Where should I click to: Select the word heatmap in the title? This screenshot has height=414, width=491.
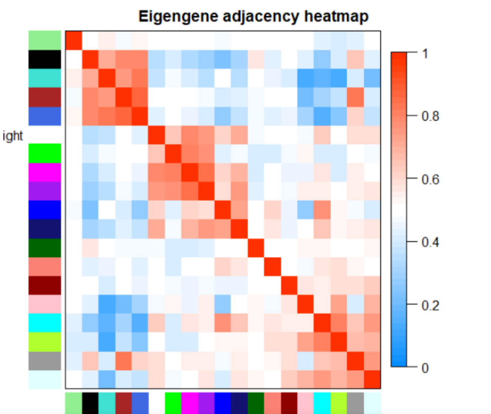coord(336,17)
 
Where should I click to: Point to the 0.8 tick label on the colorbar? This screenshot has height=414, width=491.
coord(430,116)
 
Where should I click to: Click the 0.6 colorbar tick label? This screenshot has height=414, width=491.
coord(430,179)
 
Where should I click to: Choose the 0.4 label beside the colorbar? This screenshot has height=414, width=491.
coord(430,242)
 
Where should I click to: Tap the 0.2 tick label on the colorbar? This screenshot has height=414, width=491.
coord(430,305)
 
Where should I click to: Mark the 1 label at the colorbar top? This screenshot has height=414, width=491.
coord(425,54)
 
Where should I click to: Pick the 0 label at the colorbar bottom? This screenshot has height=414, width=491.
coord(425,368)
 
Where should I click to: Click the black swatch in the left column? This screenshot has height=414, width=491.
coord(45,59)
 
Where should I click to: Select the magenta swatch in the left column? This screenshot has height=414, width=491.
coord(45,172)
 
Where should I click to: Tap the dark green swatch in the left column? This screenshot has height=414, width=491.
coord(45,248)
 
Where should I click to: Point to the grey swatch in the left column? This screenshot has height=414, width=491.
coord(45,361)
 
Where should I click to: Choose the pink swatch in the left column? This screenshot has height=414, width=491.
coord(45,304)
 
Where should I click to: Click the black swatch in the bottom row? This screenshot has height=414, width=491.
coord(90,403)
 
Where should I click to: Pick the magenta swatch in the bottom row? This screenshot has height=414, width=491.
coord(190,403)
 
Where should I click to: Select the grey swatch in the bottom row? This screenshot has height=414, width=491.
coord(355,403)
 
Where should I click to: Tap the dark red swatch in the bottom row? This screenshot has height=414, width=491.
coord(289,403)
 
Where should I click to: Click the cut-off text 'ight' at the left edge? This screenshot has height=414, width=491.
coord(13,136)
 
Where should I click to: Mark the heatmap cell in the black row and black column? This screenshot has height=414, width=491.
coord(90,59)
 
